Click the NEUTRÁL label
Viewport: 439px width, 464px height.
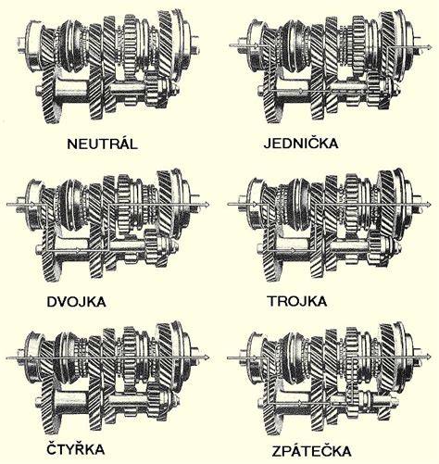tap(102, 144)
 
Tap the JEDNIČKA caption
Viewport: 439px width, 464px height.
tap(301, 143)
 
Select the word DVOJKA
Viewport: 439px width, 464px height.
tap(76, 301)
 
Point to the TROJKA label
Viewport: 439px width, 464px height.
tap(297, 301)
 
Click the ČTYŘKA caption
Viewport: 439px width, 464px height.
tap(76, 448)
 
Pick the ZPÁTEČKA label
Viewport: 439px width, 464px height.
tap(311, 451)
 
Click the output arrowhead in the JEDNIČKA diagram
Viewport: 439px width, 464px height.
tap(430, 46)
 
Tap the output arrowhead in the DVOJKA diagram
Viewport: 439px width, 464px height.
tap(207, 204)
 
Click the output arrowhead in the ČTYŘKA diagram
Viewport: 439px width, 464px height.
tap(207, 357)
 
